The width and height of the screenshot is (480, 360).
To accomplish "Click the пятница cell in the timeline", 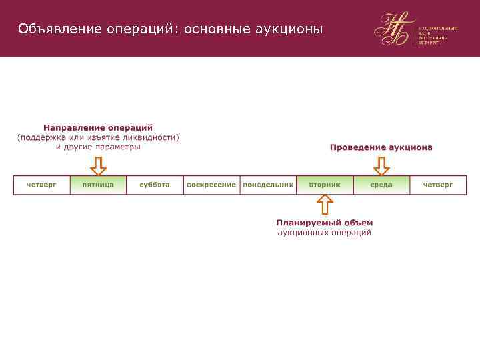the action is pyautogui.click(x=98, y=185).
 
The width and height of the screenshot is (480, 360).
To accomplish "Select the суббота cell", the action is pyautogui.click(x=155, y=185).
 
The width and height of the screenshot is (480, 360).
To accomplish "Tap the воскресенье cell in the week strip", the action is pyautogui.click(x=211, y=185).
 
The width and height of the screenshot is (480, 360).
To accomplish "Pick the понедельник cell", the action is pyautogui.click(x=268, y=185).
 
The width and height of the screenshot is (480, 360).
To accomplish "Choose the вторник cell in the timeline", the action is pyautogui.click(x=325, y=185).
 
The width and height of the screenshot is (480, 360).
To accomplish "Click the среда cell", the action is pyautogui.click(x=381, y=185).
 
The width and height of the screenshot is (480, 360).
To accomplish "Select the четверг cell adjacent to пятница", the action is pyautogui.click(x=41, y=185).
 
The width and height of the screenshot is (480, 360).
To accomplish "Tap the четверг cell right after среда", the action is pyautogui.click(x=438, y=185).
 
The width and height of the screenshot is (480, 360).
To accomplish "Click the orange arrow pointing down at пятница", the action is pyautogui.click(x=98, y=165).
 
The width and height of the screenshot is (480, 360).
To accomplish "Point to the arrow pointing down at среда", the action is pyautogui.click(x=381, y=165).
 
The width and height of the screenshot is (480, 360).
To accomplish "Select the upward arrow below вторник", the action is pyautogui.click(x=325, y=205).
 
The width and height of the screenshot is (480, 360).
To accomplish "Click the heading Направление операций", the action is pyautogui.click(x=98, y=127).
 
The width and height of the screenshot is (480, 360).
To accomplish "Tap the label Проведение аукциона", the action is pyautogui.click(x=381, y=147).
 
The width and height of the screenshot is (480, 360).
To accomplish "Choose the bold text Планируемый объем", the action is pyautogui.click(x=325, y=223).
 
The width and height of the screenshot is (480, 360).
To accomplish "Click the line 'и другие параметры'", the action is pyautogui.click(x=98, y=147).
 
